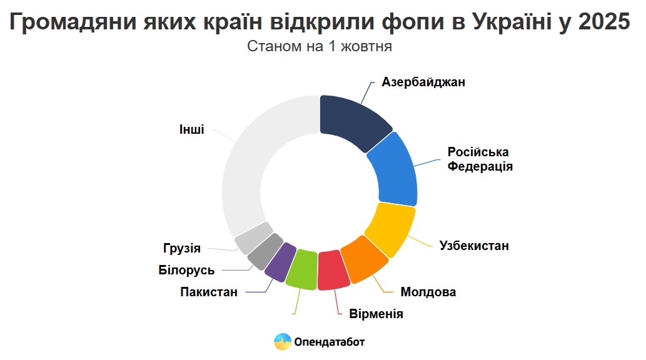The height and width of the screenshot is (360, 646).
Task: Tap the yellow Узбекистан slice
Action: tap(391, 227)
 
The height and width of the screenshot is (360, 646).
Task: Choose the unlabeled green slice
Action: tap(301, 269)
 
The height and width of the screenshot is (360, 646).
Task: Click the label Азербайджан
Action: tap(423, 82)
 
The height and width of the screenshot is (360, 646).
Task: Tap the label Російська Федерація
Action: tap(480, 159)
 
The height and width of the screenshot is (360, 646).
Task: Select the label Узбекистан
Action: tap(474, 246)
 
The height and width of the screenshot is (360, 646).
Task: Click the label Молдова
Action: tap(428, 292)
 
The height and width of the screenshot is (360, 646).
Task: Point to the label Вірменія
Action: tap(376, 314)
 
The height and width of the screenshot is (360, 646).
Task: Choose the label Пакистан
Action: tap(209, 292)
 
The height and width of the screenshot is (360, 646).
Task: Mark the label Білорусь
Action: tap(186, 270)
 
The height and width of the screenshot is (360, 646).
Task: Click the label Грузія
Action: tap(182, 248)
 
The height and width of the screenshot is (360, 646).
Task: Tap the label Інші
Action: tap(191, 129)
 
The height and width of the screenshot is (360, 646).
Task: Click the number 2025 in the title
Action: tap(604, 21)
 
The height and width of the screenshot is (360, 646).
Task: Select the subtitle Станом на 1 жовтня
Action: tap(320, 46)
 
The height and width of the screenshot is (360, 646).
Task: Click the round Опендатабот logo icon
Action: tap(283, 342)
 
